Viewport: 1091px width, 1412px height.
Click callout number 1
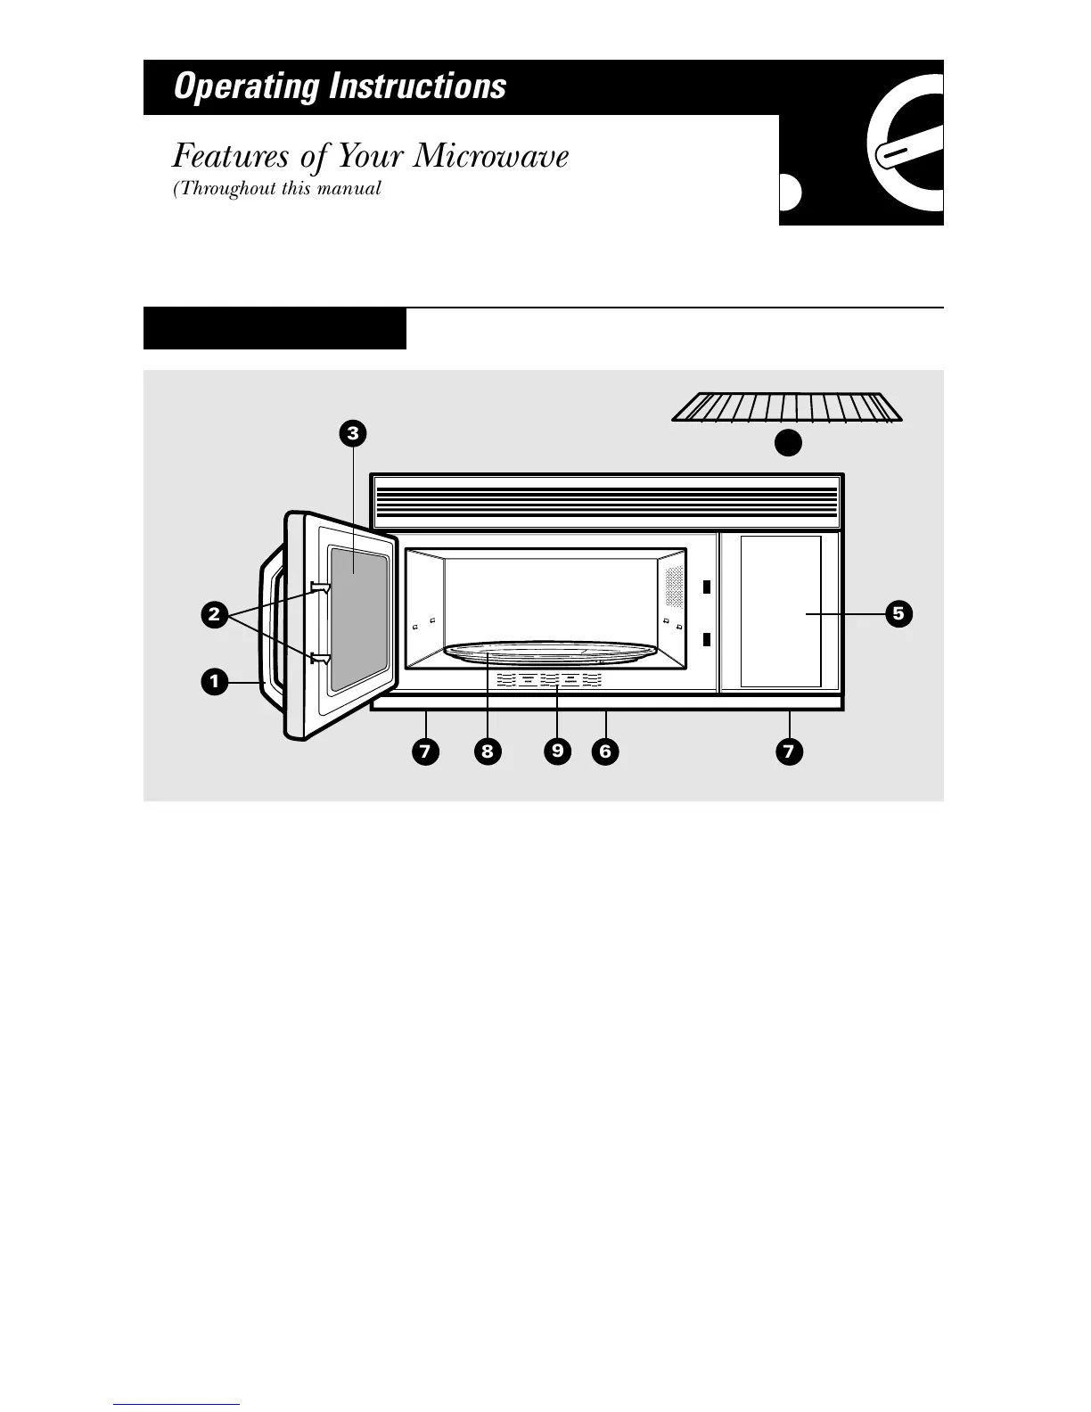tap(213, 682)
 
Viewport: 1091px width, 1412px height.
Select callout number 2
tap(213, 613)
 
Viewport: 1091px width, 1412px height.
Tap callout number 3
tap(353, 434)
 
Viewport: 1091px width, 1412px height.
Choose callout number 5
tap(898, 613)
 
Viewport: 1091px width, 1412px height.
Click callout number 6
tap(605, 751)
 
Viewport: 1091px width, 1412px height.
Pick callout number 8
tap(487, 751)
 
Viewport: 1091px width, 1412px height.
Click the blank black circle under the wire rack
tap(787, 442)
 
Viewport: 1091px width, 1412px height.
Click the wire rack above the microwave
tap(787, 407)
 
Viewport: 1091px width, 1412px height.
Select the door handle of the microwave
tap(268, 633)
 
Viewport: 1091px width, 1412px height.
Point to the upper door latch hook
tap(320, 587)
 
